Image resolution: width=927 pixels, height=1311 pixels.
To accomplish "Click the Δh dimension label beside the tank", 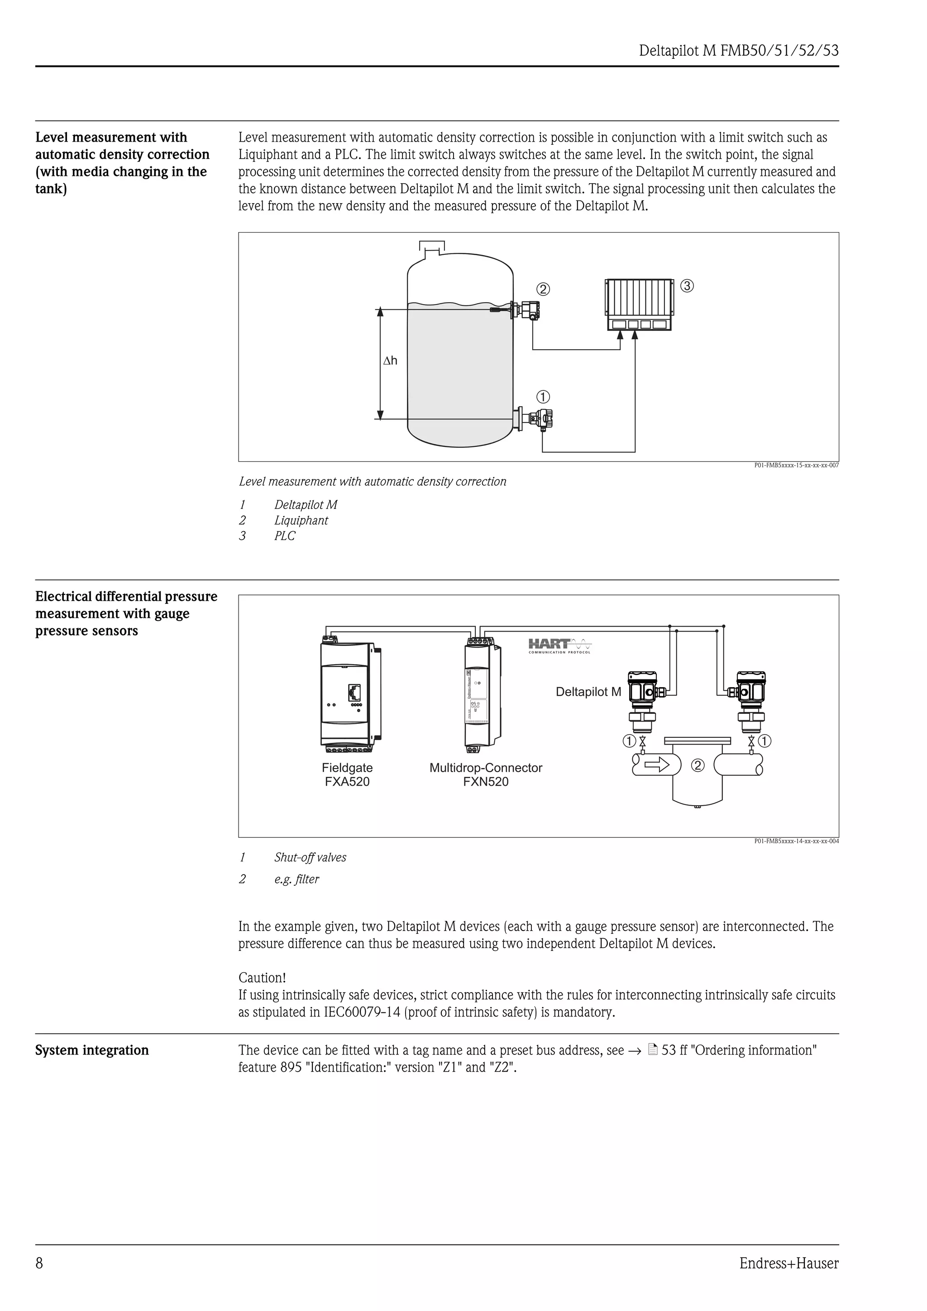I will pyautogui.click(x=390, y=361).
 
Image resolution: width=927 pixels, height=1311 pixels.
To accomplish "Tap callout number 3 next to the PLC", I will pyautogui.click(x=688, y=285).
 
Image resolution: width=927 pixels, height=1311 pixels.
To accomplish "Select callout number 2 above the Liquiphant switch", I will pyautogui.click(x=544, y=290).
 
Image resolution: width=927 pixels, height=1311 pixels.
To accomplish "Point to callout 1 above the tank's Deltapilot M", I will pyautogui.click(x=543, y=397).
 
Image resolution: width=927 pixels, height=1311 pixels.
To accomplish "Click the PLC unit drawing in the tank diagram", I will pyautogui.click(x=639, y=305).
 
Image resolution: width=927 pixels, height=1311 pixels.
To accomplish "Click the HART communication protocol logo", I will pyautogui.click(x=560, y=646).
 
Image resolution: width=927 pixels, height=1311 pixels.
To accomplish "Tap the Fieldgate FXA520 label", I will pyautogui.click(x=347, y=775).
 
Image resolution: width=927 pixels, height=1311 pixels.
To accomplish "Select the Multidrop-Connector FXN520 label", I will pyautogui.click(x=486, y=775).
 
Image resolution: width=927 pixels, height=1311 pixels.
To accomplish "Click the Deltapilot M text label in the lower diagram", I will pyautogui.click(x=588, y=692).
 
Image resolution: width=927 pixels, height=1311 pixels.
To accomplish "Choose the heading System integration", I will pyautogui.click(x=92, y=1050).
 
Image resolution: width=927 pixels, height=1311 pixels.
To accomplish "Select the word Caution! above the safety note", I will pyautogui.click(x=262, y=978).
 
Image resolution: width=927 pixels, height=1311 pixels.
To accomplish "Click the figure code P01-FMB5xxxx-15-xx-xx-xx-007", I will pyautogui.click(x=796, y=465).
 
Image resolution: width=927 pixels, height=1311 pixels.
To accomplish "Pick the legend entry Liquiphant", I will pyautogui.click(x=301, y=520).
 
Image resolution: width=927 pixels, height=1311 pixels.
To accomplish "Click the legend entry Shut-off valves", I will pyautogui.click(x=310, y=857).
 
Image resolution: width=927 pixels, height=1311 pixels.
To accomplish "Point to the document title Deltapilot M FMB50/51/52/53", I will pyautogui.click(x=739, y=51).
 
